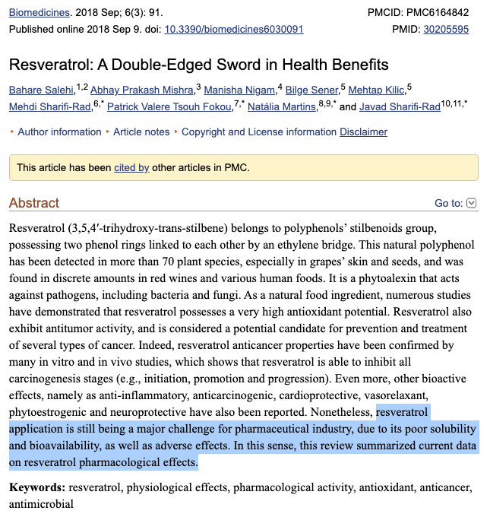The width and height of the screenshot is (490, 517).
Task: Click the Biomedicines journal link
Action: coord(39,13)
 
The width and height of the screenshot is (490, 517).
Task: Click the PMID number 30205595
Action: coord(446,29)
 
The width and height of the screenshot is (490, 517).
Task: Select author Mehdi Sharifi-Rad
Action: coord(50,107)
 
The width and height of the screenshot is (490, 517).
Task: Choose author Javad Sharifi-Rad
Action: coord(400,107)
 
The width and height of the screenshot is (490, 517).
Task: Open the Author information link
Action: coord(59,132)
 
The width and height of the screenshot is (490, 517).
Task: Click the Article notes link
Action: coord(141,132)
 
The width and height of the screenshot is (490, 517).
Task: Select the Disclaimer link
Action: coord(363,132)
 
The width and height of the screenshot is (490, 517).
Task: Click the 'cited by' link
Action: coord(131,167)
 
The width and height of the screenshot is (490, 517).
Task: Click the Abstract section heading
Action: coord(34,203)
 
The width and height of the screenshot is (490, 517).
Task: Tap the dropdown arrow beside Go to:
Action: coord(472,203)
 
